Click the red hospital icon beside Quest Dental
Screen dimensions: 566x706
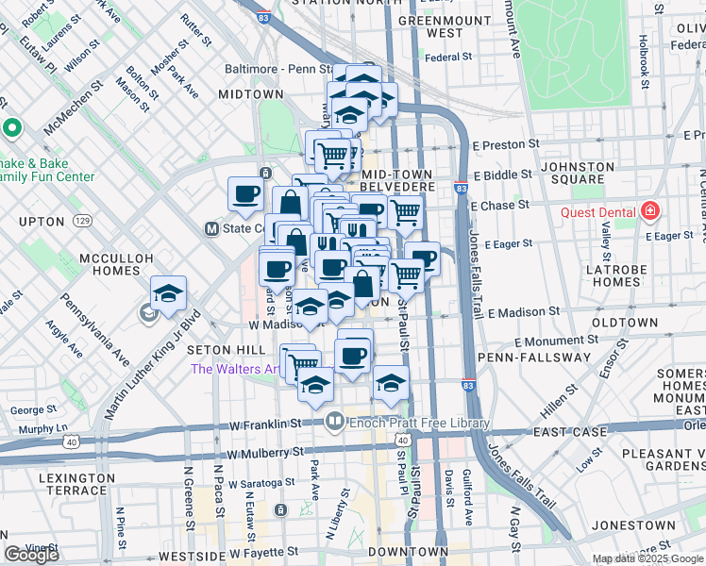point(649,211)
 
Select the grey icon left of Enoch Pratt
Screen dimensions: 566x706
point(333,420)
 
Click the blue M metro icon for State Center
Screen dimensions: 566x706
point(212,229)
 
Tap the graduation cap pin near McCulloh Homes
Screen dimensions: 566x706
point(168,293)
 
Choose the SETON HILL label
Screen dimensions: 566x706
point(219,350)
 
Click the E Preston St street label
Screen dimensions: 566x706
point(506,145)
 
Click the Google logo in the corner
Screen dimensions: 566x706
point(32,555)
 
